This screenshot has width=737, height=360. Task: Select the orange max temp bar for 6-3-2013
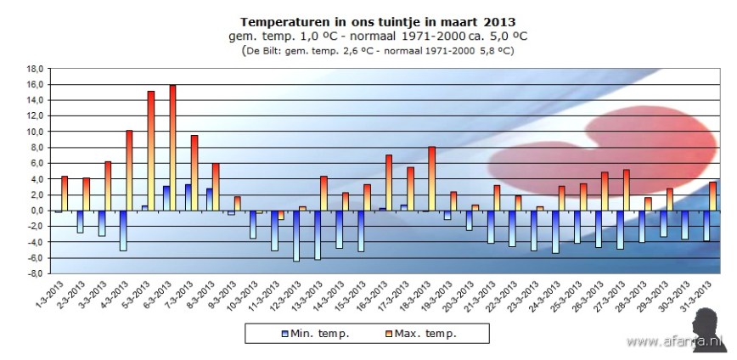(172, 147)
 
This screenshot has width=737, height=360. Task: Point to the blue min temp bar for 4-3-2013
(123, 230)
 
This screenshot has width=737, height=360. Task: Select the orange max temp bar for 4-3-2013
(130, 170)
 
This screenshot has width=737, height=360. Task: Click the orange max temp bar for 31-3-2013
(712, 196)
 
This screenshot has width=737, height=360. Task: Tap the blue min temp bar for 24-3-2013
(555, 232)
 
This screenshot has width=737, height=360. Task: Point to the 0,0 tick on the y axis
(35, 211)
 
